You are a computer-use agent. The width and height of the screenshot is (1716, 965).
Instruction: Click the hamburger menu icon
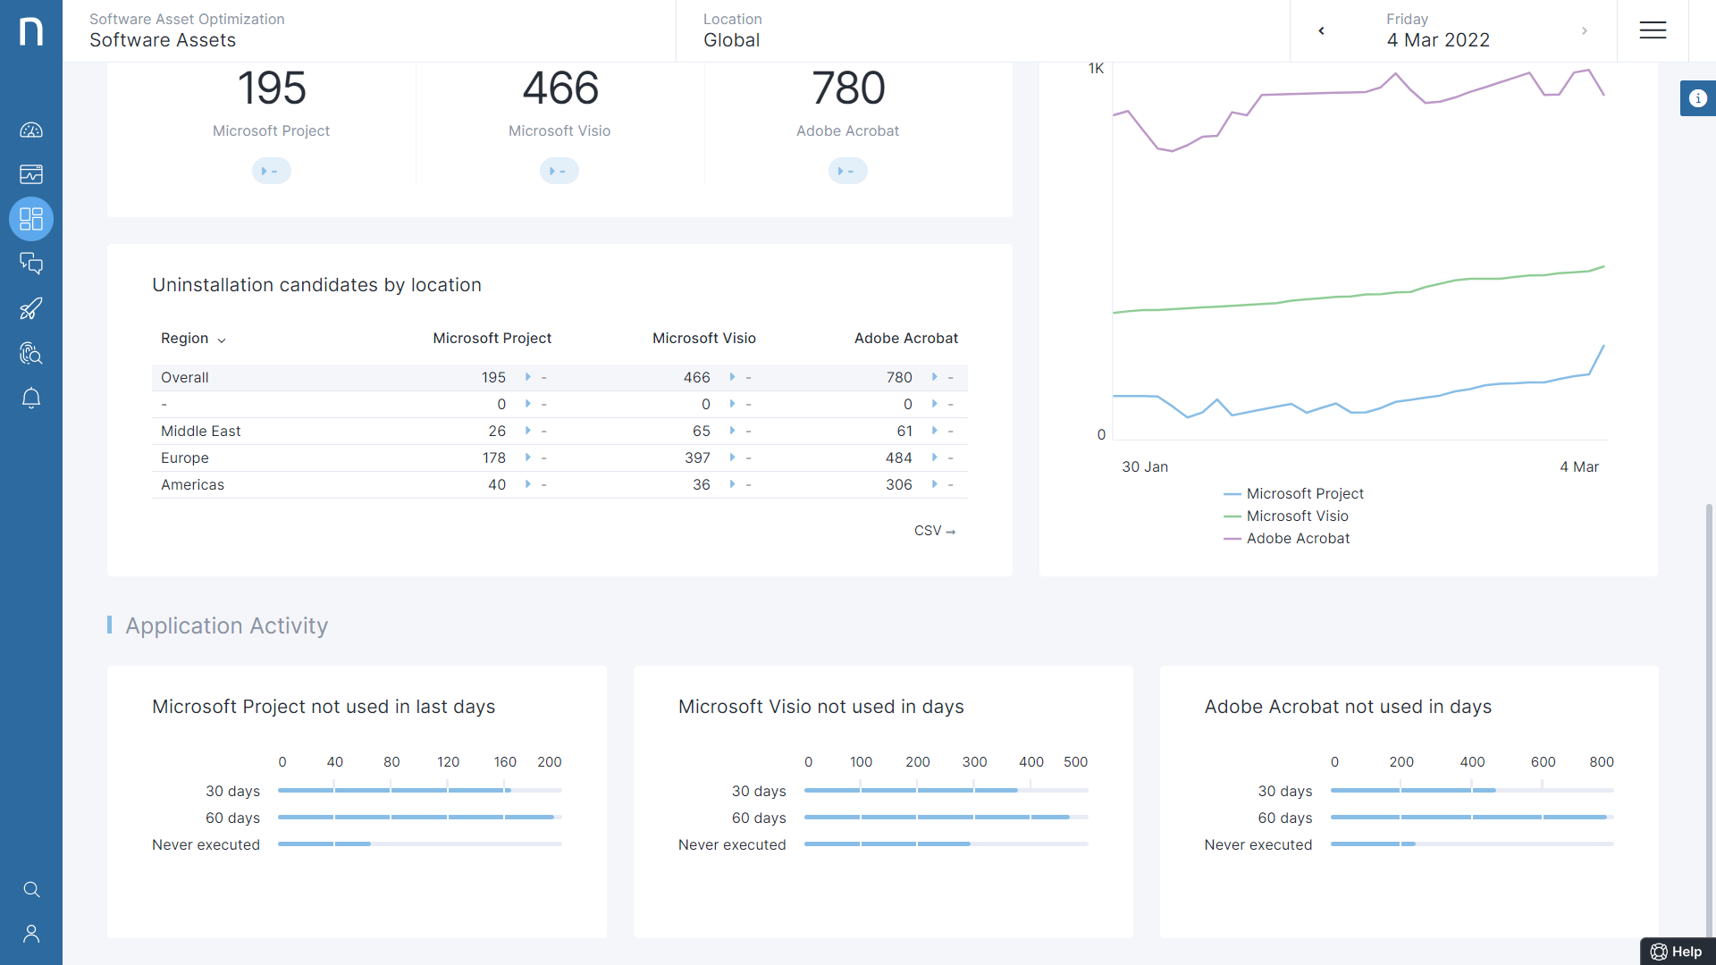coord(1653,30)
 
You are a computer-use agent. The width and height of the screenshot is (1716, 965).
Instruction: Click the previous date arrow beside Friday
coord(1321,31)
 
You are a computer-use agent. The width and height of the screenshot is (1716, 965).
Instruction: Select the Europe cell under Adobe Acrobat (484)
coord(898,457)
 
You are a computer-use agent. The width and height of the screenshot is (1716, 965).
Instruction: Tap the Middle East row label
coord(201,431)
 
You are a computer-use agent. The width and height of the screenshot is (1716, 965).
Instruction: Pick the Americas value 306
coord(898,484)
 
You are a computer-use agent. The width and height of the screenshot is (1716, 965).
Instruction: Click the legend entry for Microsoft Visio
coord(1297,516)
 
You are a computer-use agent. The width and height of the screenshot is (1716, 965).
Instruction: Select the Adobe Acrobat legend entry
coord(1298,539)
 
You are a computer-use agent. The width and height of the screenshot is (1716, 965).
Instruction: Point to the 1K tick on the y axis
coord(1096,69)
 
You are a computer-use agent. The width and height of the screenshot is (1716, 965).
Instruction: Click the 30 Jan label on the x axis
coord(1145,467)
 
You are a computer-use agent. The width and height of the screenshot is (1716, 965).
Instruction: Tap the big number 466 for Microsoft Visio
coord(559,88)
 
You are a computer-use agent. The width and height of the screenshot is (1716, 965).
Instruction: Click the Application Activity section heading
coord(226,625)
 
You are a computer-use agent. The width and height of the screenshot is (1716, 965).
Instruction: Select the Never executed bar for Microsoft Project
coord(324,843)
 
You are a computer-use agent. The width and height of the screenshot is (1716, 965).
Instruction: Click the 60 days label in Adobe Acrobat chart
coord(1284,818)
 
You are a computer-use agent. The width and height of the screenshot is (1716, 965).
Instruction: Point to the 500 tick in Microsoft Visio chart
coord(1075,762)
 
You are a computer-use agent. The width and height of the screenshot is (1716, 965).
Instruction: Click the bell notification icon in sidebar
coord(31,398)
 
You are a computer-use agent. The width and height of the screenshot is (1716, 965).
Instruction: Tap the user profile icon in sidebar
coord(31,934)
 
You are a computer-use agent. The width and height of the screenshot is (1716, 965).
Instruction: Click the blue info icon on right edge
coord(1697,98)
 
